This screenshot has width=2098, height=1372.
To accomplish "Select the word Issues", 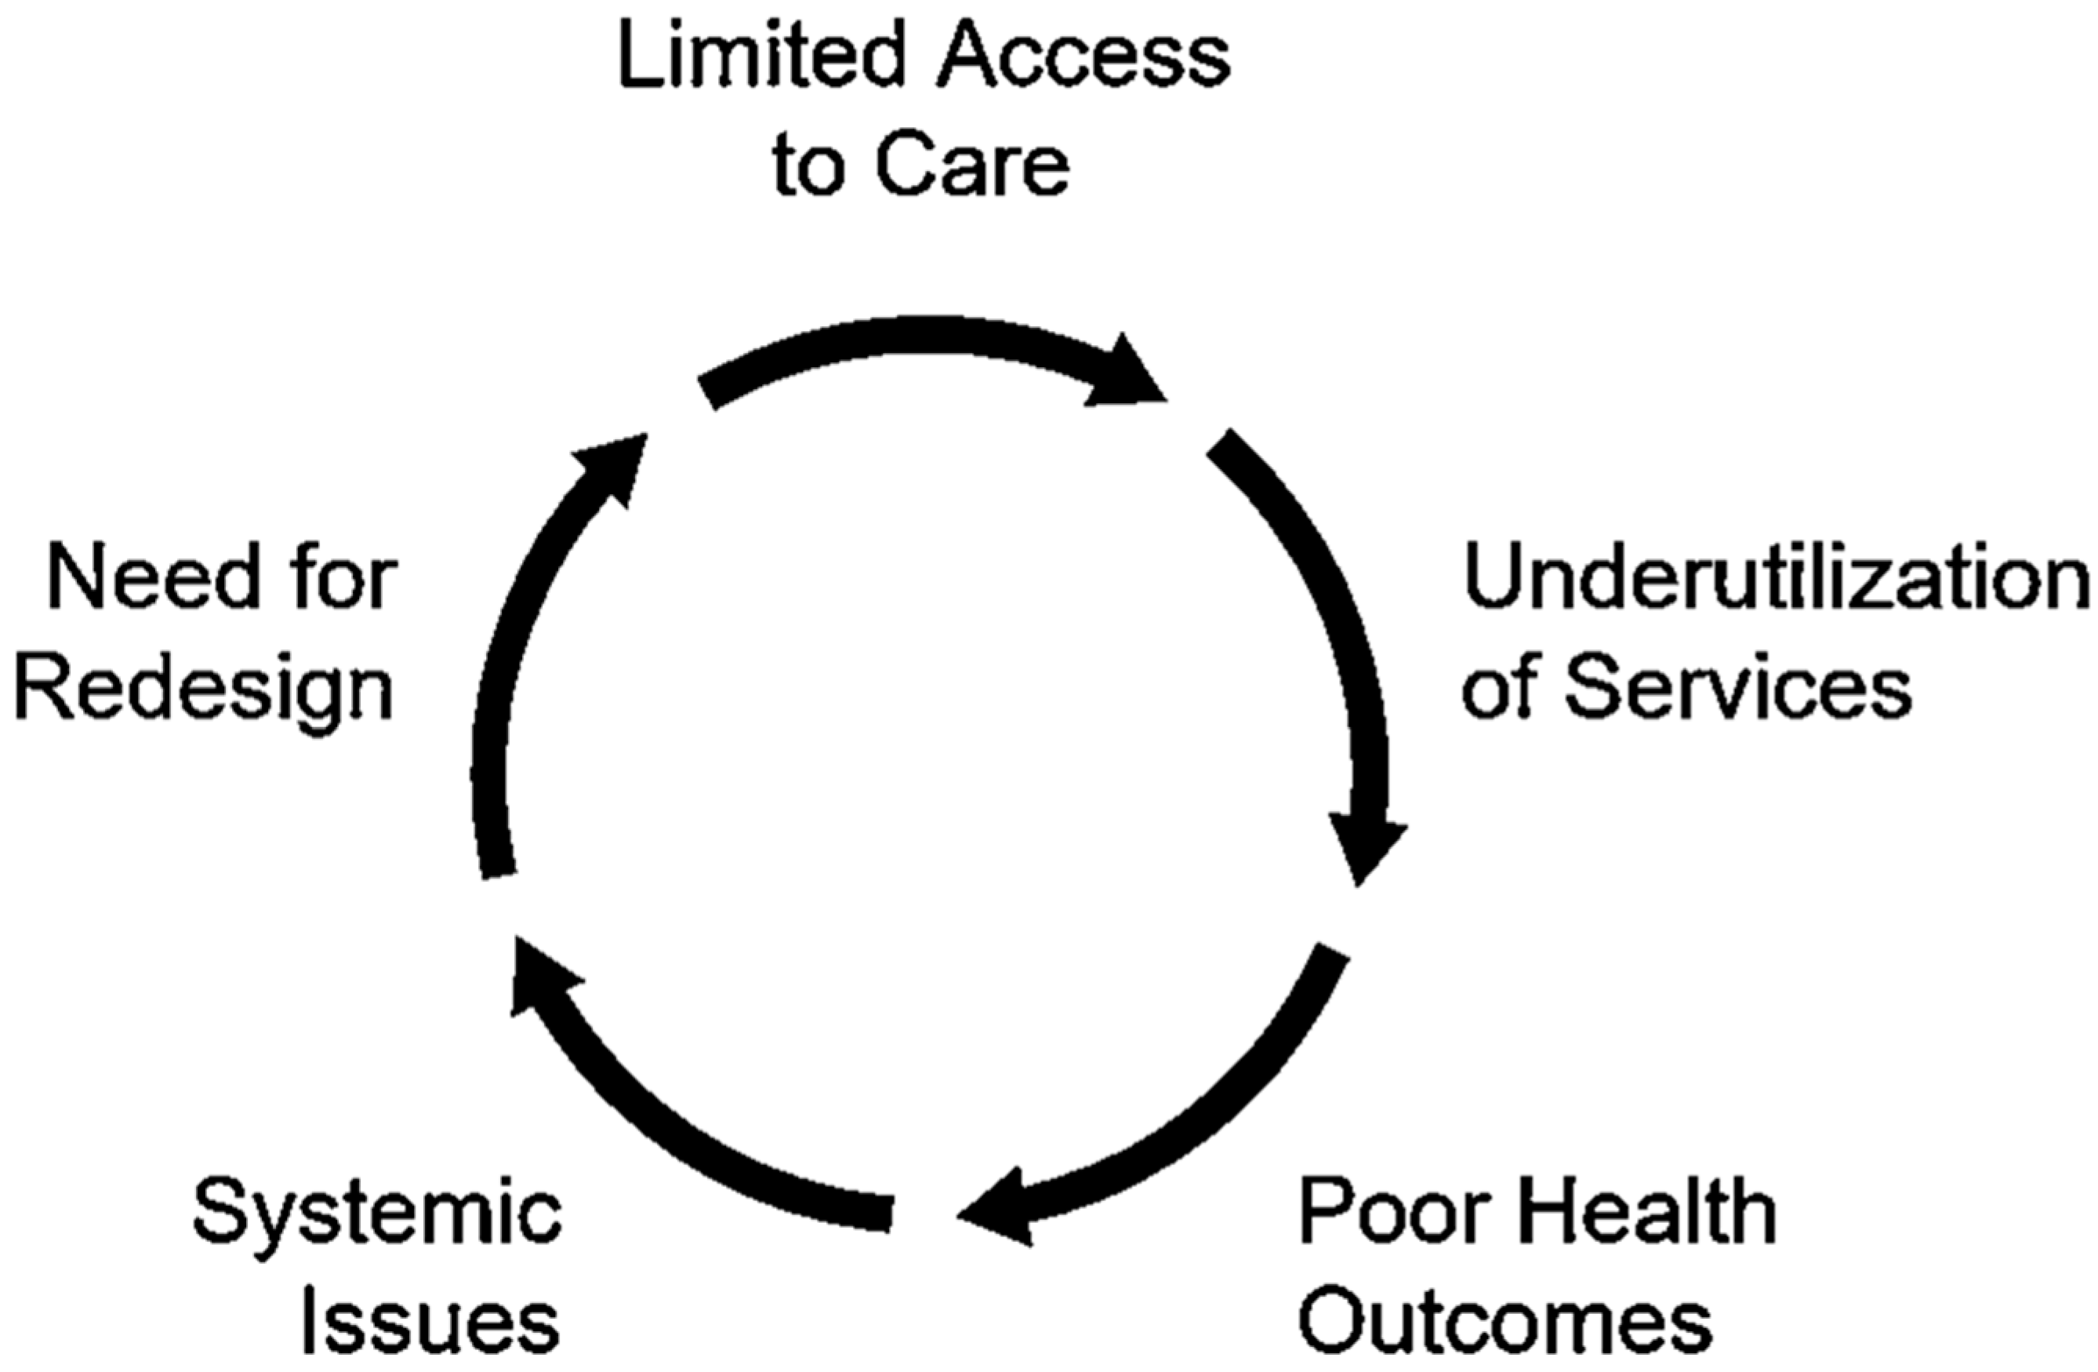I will [x=431, y=1323].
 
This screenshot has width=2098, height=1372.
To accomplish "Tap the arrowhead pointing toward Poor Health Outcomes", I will [x=1366, y=851].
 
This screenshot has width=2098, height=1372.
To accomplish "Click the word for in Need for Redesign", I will [x=344, y=579].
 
